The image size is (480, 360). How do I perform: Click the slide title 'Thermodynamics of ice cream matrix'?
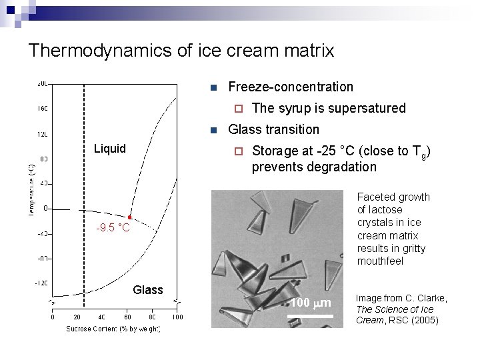pyautogui.click(x=181, y=50)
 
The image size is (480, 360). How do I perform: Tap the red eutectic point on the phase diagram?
pyautogui.click(x=130, y=217)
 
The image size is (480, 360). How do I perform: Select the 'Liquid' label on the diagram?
pyautogui.click(x=109, y=149)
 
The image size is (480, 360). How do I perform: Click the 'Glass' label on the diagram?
pyautogui.click(x=148, y=290)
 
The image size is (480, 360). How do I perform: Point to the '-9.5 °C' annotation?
pyautogui.click(x=113, y=229)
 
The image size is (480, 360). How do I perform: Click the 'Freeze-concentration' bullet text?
pyautogui.click(x=291, y=87)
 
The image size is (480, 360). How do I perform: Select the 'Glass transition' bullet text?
pyautogui.click(x=273, y=129)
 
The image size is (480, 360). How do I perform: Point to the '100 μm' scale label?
pyautogui.click(x=311, y=304)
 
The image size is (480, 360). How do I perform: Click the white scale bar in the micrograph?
pyautogui.click(x=310, y=315)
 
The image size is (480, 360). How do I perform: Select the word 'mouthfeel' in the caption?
pyautogui.click(x=380, y=261)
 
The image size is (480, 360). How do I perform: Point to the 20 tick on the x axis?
pyautogui.click(x=77, y=317)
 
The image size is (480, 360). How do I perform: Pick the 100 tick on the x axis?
pyautogui.click(x=177, y=317)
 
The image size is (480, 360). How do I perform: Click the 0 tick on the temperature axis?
pyautogui.click(x=46, y=208)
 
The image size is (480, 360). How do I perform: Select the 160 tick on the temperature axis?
pyautogui.click(x=42, y=108)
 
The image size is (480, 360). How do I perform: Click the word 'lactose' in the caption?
pyautogui.click(x=386, y=209)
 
